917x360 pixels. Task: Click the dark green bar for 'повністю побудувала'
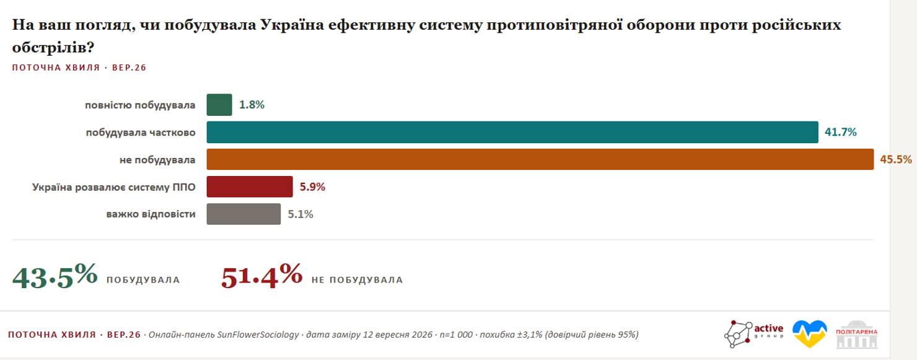click(x=219, y=105)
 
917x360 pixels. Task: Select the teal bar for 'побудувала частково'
click(x=512, y=132)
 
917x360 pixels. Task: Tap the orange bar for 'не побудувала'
click(x=540, y=159)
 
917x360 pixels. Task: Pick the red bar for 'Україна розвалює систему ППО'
click(x=250, y=187)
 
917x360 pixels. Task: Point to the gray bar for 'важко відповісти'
click(x=244, y=214)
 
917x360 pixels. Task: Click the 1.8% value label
click(x=252, y=105)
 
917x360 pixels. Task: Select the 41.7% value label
click(x=840, y=132)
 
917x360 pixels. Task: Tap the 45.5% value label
click(x=896, y=159)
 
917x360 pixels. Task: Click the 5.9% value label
click(x=312, y=187)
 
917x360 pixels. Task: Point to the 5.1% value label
click(x=301, y=214)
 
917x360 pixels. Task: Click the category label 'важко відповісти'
click(x=151, y=214)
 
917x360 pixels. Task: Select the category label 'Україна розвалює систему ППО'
click(x=114, y=187)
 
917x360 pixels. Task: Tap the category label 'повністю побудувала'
click(x=140, y=105)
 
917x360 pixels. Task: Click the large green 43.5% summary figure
click(x=55, y=276)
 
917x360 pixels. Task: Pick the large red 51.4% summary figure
click(x=261, y=276)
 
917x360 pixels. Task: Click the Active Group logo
click(x=753, y=334)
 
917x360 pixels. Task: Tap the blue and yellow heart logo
click(x=810, y=333)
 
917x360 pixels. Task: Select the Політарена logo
click(x=857, y=334)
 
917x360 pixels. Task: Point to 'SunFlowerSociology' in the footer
click(x=258, y=335)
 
